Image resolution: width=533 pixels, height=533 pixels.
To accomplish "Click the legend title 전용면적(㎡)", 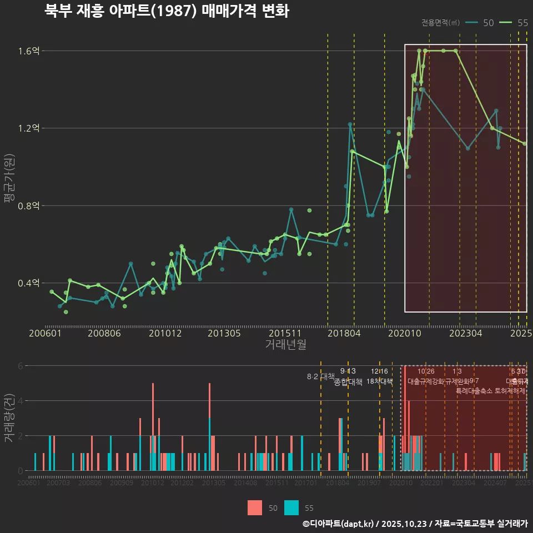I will (440, 23).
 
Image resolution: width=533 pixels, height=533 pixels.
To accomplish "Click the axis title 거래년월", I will (285, 344).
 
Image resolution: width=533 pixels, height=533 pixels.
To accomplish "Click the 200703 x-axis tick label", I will (58, 483).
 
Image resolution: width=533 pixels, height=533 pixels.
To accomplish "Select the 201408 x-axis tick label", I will (245, 483).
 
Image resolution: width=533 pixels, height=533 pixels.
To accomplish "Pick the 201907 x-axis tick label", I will (369, 483).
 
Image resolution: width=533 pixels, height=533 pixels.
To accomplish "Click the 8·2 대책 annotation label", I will (316, 376).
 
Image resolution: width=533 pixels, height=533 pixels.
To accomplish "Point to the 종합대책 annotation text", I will (348, 381).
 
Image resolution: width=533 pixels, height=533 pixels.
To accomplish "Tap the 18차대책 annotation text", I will (379, 381).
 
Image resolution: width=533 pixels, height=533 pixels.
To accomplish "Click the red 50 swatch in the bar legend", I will (255, 508).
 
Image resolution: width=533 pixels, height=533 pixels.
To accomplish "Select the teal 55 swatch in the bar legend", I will (291, 508).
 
